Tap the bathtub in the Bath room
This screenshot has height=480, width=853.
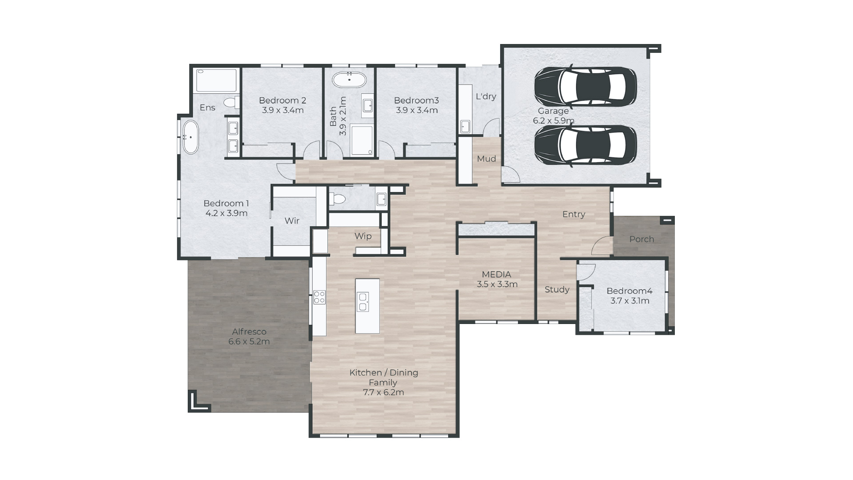pyautogui.click(x=350, y=80)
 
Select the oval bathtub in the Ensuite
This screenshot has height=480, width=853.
pyautogui.click(x=191, y=137)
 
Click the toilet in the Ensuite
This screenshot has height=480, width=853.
pyautogui.click(x=231, y=103)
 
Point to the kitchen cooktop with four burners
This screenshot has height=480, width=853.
pyautogui.click(x=319, y=297)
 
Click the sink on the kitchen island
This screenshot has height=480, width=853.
pyautogui.click(x=363, y=302)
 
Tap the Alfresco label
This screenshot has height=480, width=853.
pyautogui.click(x=249, y=332)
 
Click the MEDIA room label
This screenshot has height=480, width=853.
pyautogui.click(x=497, y=275)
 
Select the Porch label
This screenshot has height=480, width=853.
pyautogui.click(x=642, y=239)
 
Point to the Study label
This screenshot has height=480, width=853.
pyautogui.click(x=557, y=290)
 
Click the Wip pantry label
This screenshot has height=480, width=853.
pyautogui.click(x=363, y=236)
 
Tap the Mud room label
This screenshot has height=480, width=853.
pyautogui.click(x=486, y=159)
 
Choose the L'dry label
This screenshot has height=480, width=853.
pyautogui.click(x=486, y=96)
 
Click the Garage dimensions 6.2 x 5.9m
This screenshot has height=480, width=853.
pyautogui.click(x=554, y=120)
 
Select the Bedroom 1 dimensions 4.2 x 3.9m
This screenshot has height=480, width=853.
pyautogui.click(x=227, y=213)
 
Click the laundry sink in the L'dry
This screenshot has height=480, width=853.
pyautogui.click(x=465, y=126)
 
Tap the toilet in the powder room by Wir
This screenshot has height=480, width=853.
pyautogui.click(x=337, y=198)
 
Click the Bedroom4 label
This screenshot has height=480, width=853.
pyautogui.click(x=630, y=291)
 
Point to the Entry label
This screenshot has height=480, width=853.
pyautogui.click(x=574, y=215)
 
